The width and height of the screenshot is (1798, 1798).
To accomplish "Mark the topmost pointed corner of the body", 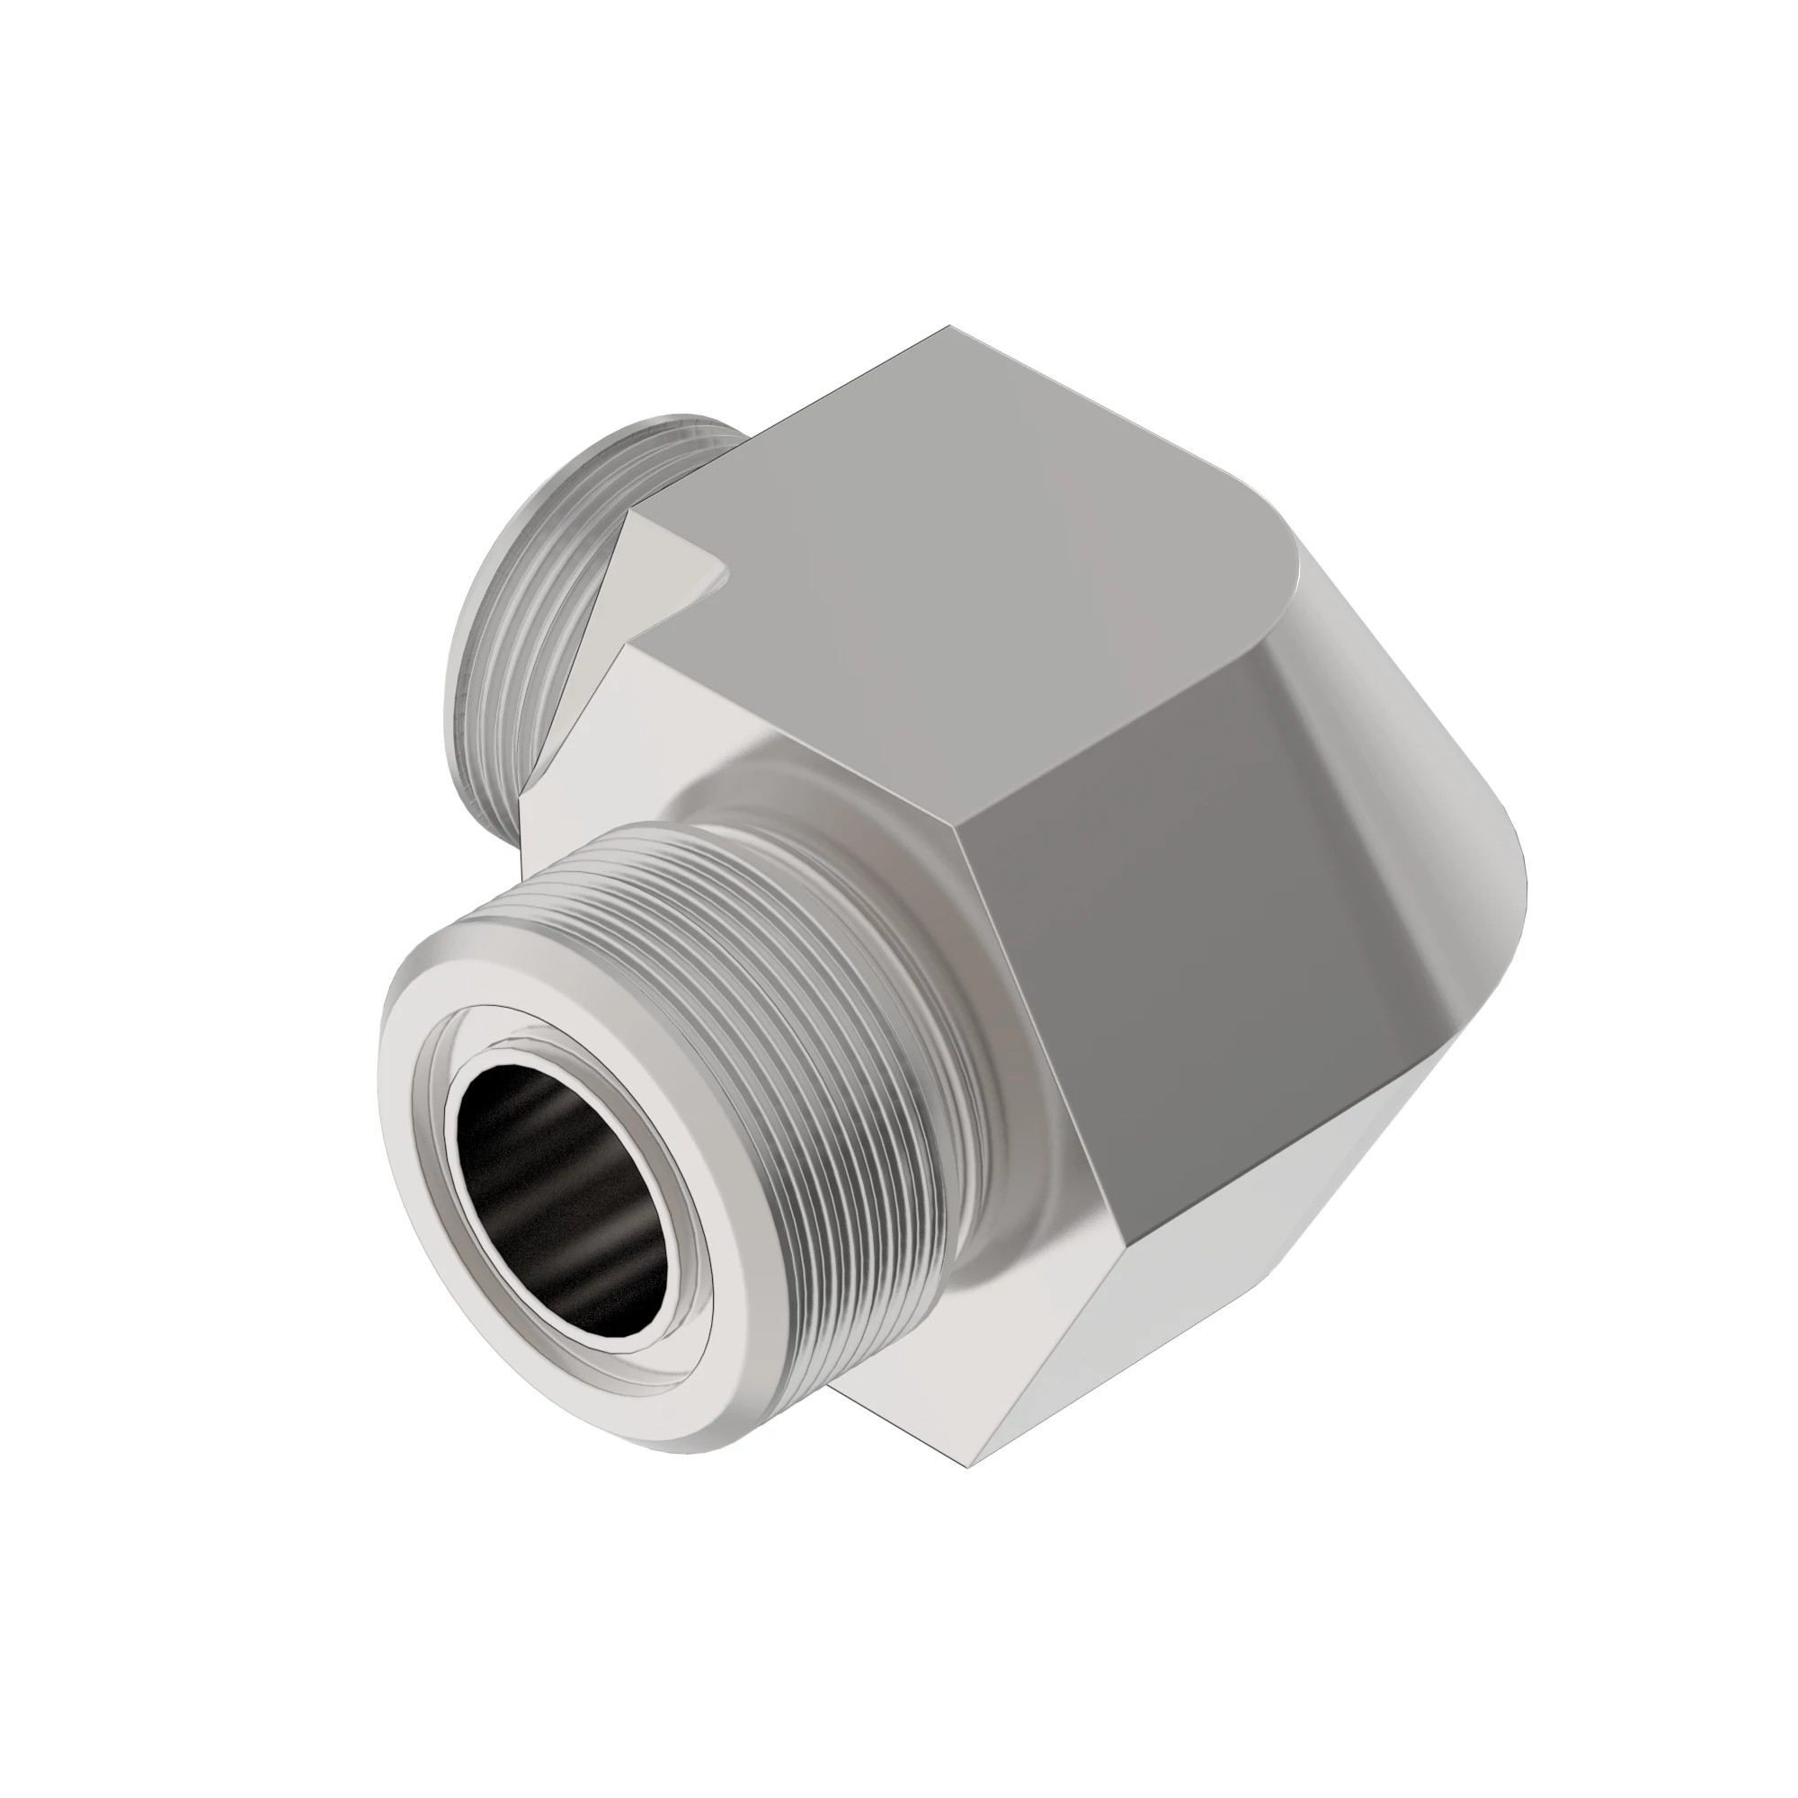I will [x=949, y=327].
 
